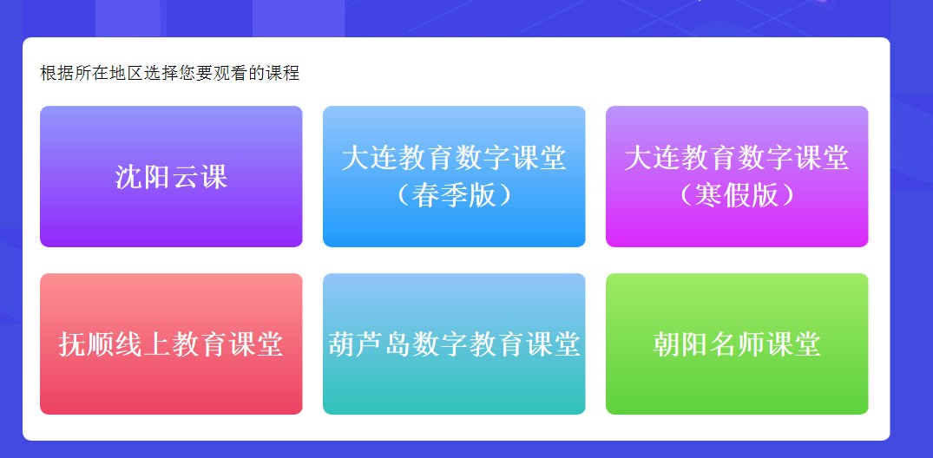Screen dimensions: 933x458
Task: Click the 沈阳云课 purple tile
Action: coord(171,177)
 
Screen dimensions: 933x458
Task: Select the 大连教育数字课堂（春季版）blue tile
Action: coord(454,177)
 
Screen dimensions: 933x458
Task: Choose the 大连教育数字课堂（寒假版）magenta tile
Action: coord(737,177)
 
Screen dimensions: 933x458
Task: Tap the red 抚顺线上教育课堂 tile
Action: coord(171,343)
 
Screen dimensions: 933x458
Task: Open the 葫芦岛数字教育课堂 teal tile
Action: coord(454,343)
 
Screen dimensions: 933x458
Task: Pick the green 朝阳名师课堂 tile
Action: coord(737,343)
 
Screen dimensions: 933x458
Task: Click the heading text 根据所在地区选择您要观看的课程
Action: coord(170,73)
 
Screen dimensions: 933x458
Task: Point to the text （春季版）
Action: coord(454,195)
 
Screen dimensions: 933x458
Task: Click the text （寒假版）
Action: coord(737,195)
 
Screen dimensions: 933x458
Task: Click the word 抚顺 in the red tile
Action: coord(86,344)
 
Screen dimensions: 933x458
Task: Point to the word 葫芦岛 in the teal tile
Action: coord(370,344)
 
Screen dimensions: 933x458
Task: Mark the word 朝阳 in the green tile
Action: coord(680,344)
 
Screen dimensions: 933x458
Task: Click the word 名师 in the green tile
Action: coord(737,344)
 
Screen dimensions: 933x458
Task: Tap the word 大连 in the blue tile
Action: coord(370,158)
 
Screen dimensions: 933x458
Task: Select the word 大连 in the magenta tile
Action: coord(652,158)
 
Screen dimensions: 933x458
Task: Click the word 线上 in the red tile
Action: coord(143,344)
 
